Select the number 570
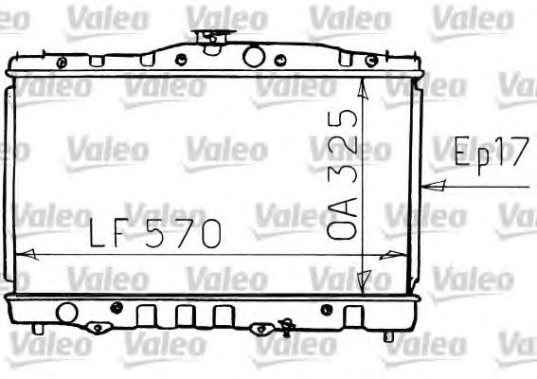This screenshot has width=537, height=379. click(x=186, y=232)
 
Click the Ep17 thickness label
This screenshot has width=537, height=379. click(x=489, y=153)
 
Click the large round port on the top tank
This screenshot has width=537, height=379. click(x=253, y=56)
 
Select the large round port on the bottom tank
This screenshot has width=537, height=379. click(x=66, y=312)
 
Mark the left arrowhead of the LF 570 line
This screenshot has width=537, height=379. click(x=27, y=255)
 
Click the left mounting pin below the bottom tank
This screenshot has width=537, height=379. click(x=37, y=329)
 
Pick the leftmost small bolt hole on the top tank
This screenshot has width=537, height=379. click(x=62, y=63)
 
